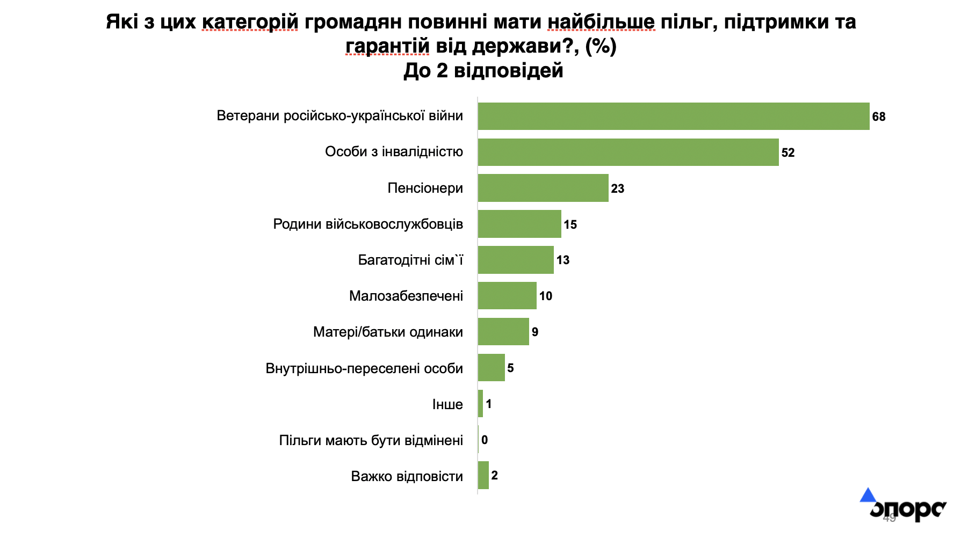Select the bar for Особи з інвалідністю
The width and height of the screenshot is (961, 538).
point(628,152)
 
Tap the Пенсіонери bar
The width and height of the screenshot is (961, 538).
point(543,188)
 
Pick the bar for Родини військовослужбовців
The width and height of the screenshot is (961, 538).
point(519,224)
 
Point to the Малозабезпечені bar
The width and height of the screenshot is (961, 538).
point(507,295)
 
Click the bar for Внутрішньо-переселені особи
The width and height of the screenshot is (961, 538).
point(492,368)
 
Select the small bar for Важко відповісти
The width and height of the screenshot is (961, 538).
point(483,475)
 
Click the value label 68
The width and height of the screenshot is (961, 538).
point(879,117)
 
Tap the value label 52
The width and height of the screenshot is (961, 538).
point(788,152)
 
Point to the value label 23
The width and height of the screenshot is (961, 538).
point(618,188)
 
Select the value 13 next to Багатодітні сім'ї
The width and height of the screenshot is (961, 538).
point(563,260)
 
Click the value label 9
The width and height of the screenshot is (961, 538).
point(535,332)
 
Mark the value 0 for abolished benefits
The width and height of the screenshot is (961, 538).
point(485,440)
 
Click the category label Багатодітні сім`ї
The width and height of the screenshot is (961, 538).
point(410,260)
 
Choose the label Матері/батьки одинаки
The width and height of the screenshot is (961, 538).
point(388,332)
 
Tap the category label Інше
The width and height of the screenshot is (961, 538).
point(447,404)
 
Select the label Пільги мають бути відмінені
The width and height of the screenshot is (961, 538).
point(371,440)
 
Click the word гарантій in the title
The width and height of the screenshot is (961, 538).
point(387,46)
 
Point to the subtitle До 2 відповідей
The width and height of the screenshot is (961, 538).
point(483,70)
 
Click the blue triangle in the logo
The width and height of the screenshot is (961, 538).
point(868,495)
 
